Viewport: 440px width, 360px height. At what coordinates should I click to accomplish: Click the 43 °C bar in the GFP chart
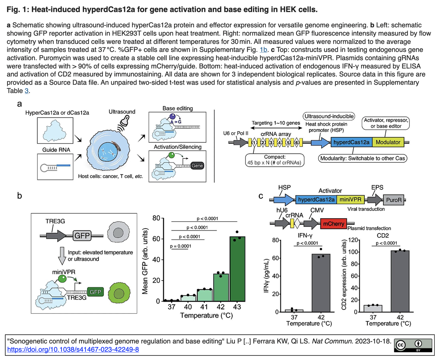coord(237,269)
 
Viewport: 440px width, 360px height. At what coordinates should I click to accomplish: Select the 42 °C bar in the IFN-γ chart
coord(321,283)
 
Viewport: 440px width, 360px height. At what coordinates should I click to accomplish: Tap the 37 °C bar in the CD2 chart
coord(373,308)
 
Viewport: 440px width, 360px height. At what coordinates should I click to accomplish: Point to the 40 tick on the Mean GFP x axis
coord(188,307)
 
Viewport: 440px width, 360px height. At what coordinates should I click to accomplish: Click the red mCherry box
coord(333,224)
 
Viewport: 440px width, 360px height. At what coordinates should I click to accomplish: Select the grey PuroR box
coord(394,200)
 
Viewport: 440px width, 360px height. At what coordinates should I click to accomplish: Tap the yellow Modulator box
coord(388,142)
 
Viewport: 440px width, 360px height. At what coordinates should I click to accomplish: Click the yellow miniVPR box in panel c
coord(350,200)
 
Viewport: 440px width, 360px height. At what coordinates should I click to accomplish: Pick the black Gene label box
coord(197,166)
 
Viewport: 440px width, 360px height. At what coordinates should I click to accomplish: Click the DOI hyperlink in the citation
coord(73,349)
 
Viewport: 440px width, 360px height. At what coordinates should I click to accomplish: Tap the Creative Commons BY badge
coord(413,345)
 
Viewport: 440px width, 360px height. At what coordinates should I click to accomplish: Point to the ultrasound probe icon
coord(124,123)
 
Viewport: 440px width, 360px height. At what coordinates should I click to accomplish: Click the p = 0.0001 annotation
coord(180,246)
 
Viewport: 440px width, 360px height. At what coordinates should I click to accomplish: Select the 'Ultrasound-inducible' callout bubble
coord(329,116)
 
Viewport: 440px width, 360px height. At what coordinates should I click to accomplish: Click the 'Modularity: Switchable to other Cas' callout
coord(363,158)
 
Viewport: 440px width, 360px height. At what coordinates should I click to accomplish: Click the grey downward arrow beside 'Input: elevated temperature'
coord(62,256)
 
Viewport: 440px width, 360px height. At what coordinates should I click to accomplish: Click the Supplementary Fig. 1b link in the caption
coord(263,50)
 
